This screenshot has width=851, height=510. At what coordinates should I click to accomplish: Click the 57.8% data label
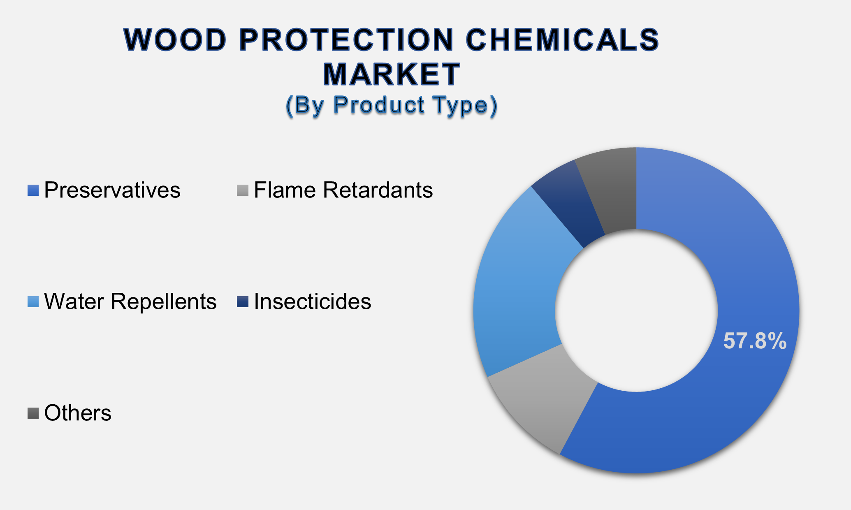(x=755, y=341)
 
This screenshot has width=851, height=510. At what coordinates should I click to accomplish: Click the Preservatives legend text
(x=112, y=190)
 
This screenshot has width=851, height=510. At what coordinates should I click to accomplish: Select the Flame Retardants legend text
(x=343, y=190)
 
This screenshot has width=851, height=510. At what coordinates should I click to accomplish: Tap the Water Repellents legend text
(x=130, y=301)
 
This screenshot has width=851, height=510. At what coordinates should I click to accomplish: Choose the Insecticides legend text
(x=312, y=301)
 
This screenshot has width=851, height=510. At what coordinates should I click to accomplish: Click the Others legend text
(x=77, y=413)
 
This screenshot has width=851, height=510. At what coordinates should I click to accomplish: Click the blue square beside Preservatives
(x=33, y=190)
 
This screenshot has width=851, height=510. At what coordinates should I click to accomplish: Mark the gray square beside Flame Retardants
(x=243, y=190)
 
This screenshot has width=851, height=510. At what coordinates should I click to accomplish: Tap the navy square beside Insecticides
(x=243, y=302)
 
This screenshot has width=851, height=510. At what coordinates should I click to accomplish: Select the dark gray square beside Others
(x=33, y=413)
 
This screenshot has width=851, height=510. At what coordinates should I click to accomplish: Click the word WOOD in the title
(x=175, y=40)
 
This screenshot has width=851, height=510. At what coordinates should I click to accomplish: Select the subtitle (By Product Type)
(x=391, y=105)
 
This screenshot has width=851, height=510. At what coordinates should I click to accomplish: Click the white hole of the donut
(x=636, y=311)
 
